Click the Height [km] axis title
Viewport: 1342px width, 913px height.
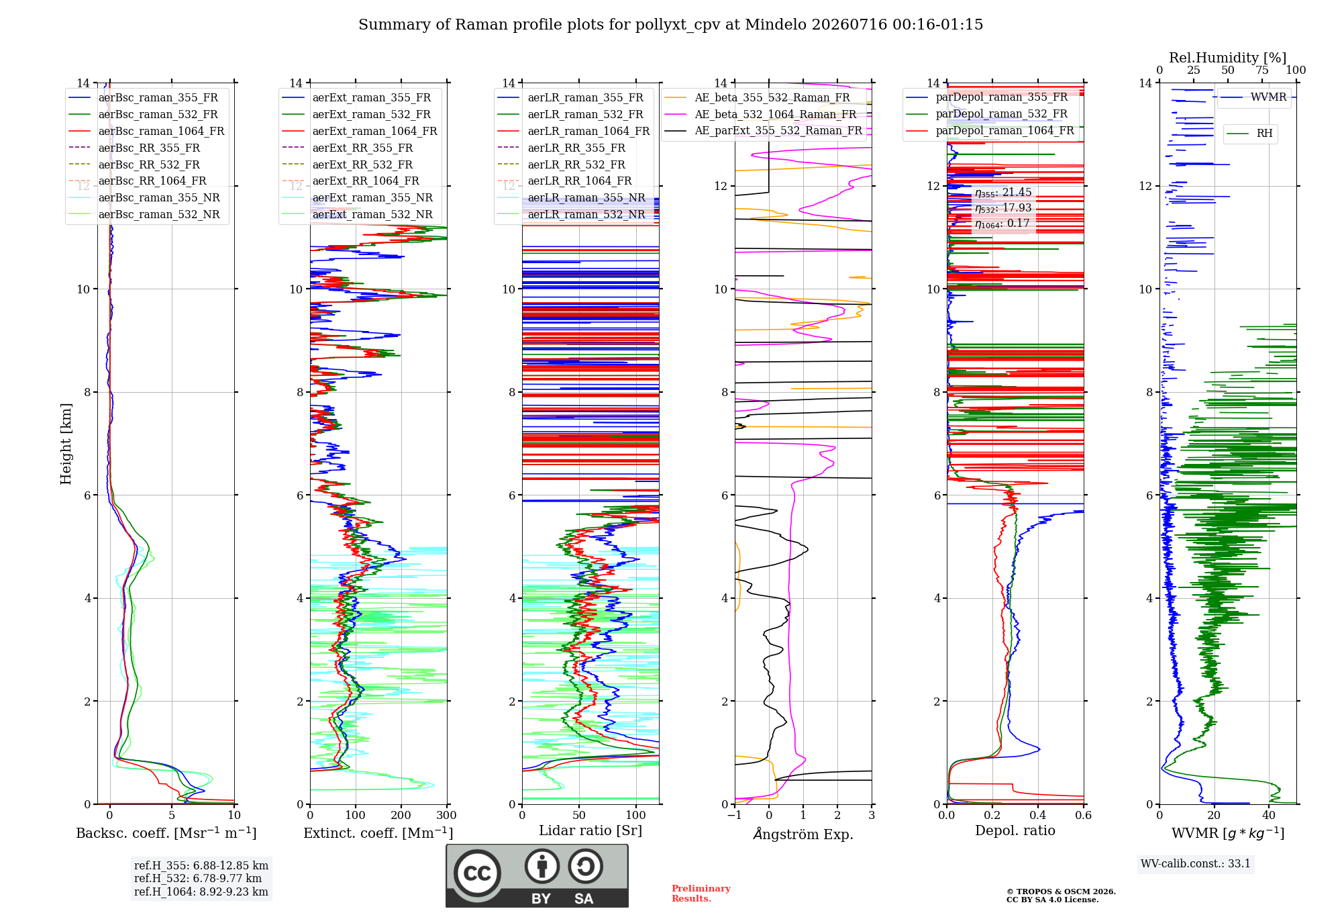pos(66,444)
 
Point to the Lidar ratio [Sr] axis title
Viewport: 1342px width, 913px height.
pos(590,830)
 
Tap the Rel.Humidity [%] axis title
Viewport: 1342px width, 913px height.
pos(1228,58)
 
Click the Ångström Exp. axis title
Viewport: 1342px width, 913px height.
pos(803,834)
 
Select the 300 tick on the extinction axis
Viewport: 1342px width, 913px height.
pos(447,816)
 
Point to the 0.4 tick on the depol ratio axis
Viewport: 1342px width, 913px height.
pos(1038,816)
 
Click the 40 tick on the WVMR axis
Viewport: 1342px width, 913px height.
pos(1269,816)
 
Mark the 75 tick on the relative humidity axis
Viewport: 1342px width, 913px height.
pos(1262,70)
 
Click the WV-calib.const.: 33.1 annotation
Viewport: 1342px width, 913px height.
pos(1196,864)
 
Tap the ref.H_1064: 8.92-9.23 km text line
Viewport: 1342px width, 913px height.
pos(201,892)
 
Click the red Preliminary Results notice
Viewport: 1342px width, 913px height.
pos(701,894)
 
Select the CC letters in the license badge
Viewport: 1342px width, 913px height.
pos(477,873)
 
